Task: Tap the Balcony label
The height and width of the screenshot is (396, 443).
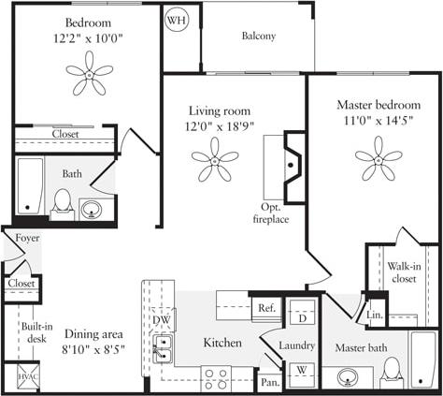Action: point(258,37)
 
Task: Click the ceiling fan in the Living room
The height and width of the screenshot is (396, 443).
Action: point(215,160)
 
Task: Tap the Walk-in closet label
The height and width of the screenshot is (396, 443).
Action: point(404,272)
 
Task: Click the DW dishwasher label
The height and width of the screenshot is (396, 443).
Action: point(160,319)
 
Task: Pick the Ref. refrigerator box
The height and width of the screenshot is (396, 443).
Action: point(266,308)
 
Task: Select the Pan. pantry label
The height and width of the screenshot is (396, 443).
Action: point(269,382)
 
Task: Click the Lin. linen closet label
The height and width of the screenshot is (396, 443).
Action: point(376,315)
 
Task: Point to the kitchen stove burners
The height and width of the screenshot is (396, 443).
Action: point(217,378)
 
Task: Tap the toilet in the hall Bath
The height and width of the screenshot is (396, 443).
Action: point(63,201)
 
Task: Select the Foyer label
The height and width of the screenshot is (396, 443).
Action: point(27,239)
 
